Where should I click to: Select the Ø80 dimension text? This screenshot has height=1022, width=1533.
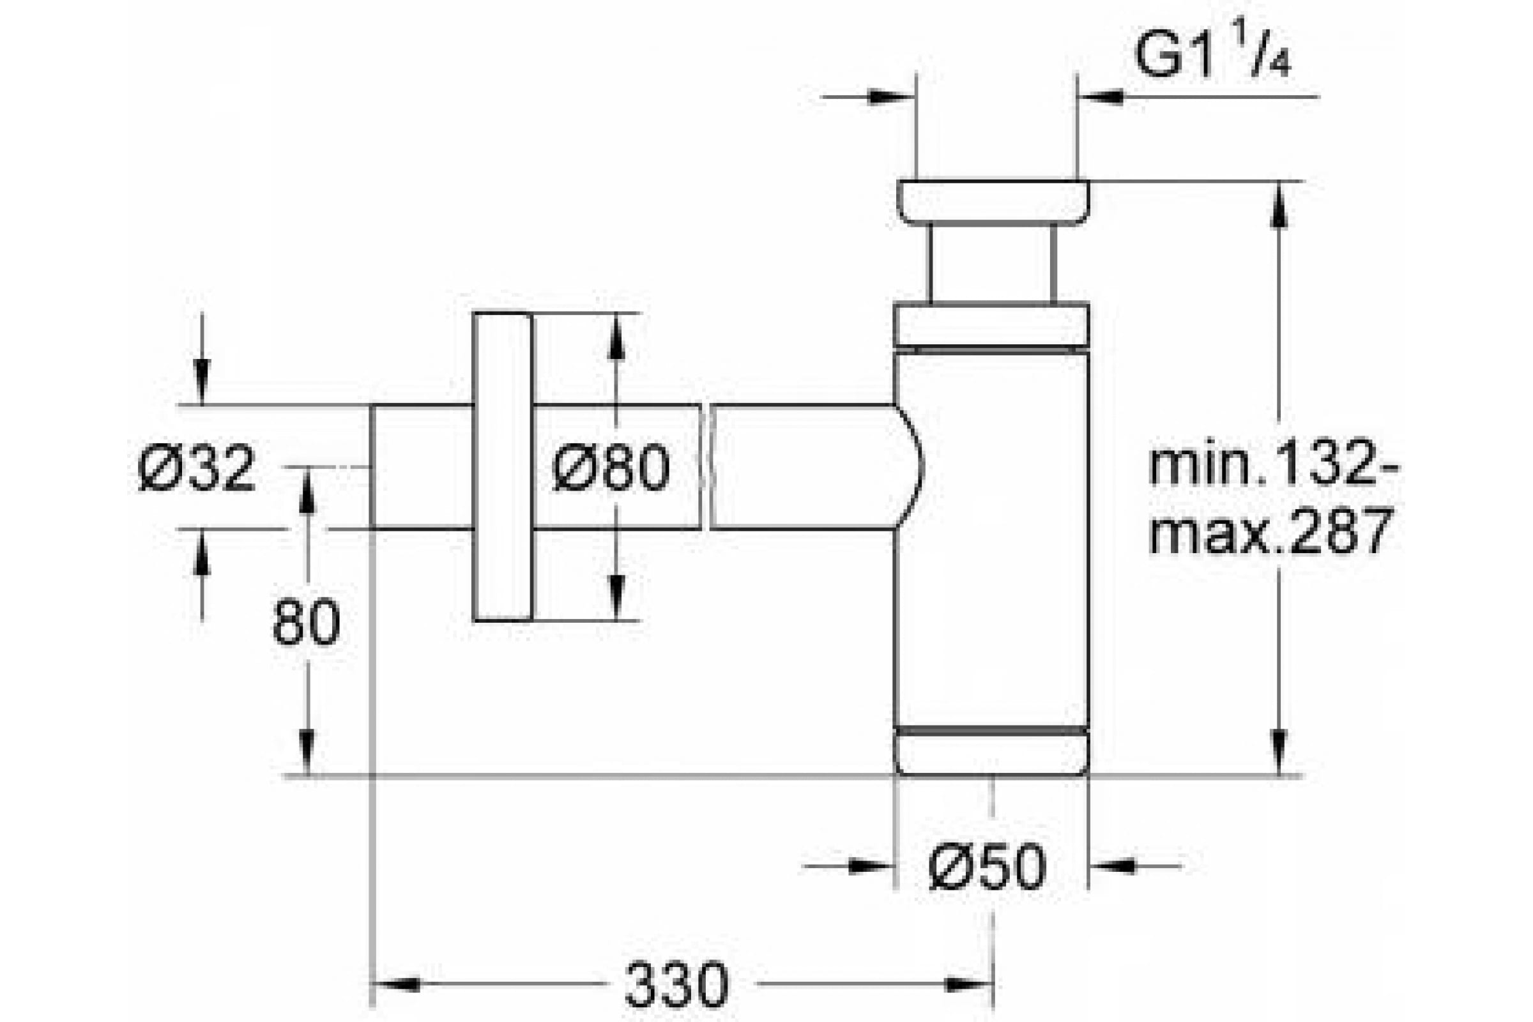611,468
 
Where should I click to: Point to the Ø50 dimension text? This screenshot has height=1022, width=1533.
988,867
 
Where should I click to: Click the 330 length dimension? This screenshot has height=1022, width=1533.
676,984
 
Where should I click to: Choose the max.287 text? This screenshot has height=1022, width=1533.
1271,531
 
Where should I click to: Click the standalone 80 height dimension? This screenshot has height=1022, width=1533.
307,622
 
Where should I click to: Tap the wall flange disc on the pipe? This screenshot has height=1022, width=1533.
503,467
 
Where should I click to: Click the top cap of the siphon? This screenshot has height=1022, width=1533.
992,201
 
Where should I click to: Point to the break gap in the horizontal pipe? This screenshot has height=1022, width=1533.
705,467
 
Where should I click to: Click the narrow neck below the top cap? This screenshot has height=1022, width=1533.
991,264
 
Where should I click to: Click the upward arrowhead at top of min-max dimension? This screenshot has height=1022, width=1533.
1279,204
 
